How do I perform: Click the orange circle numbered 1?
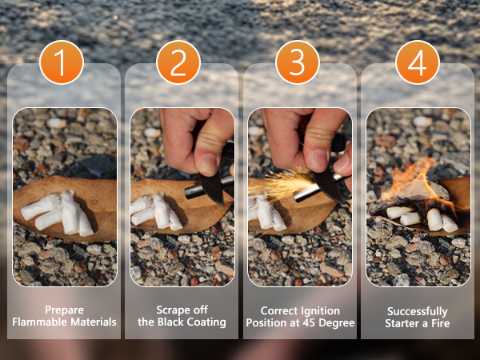(x=62, y=62)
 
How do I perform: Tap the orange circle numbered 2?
(x=178, y=62)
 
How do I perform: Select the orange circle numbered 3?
(x=298, y=62)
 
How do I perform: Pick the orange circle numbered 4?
(x=418, y=62)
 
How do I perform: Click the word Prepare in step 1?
(x=64, y=310)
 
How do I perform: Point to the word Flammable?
(x=40, y=322)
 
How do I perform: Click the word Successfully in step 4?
(x=418, y=312)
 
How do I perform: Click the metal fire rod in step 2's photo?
(x=208, y=187)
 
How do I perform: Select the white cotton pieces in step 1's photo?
(x=58, y=213)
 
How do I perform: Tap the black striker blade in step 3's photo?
(x=327, y=184)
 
